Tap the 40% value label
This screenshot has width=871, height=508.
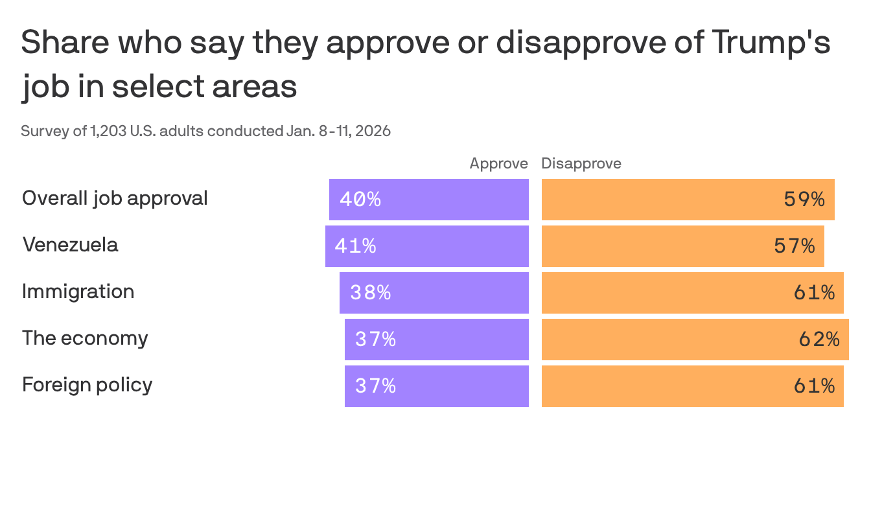(x=360, y=200)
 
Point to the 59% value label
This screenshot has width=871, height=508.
(x=804, y=200)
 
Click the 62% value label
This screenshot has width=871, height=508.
(x=819, y=340)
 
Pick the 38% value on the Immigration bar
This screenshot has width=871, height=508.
(x=371, y=293)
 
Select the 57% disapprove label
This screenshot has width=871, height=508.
(x=795, y=246)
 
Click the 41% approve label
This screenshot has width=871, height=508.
(x=355, y=246)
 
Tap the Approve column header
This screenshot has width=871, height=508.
(x=498, y=163)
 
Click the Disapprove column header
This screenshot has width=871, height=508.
(x=581, y=163)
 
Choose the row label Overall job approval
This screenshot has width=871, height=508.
(x=115, y=198)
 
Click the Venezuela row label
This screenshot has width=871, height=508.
(x=70, y=245)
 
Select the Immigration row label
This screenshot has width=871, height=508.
(x=78, y=292)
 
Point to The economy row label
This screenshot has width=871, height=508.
(x=85, y=338)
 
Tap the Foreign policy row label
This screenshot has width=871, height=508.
(x=87, y=385)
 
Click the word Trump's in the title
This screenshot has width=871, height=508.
(x=771, y=43)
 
